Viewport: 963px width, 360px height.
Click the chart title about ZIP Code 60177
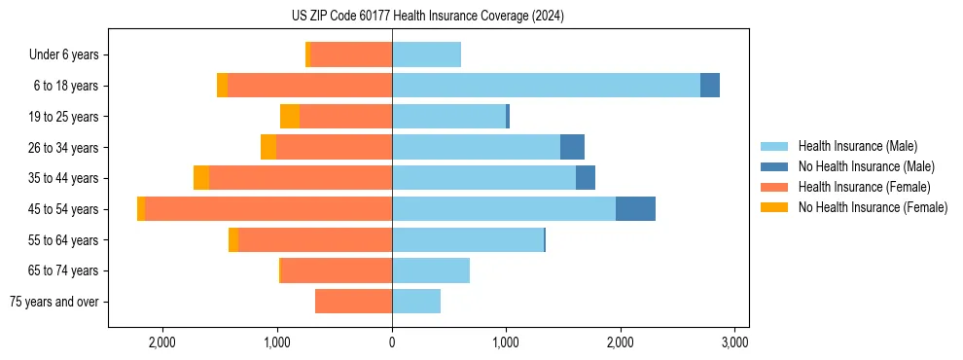(x=427, y=17)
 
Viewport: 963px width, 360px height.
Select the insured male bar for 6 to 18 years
(x=546, y=86)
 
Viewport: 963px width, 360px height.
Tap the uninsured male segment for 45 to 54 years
(x=635, y=209)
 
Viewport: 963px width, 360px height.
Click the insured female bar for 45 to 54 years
(x=268, y=209)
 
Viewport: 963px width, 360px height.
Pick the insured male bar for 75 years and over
(x=416, y=302)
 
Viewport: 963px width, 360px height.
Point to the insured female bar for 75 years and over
(x=354, y=302)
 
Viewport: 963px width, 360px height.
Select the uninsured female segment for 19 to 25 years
(x=290, y=117)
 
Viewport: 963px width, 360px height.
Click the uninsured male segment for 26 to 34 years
(x=572, y=147)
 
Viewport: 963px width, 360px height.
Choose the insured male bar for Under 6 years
(x=426, y=54)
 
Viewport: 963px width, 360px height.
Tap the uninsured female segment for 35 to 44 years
(x=201, y=178)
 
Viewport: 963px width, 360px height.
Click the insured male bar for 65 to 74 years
(x=431, y=270)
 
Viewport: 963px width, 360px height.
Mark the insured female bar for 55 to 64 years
(x=315, y=240)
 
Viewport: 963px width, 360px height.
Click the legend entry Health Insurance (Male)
(x=857, y=146)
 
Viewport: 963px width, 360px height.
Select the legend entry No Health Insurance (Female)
(x=873, y=207)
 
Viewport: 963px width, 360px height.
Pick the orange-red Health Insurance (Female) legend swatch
(x=775, y=187)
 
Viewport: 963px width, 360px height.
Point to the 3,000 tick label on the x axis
(x=734, y=342)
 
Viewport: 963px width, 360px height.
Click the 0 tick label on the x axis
(x=392, y=342)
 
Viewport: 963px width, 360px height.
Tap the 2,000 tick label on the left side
(x=162, y=342)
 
